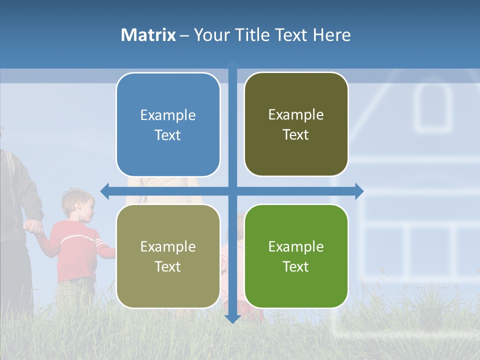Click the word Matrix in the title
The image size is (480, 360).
pyautogui.click(x=148, y=35)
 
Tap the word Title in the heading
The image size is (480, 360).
pyautogui.click(x=255, y=35)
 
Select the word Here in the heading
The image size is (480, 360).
pyautogui.click(x=331, y=35)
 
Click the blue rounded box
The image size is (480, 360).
pyautogui.click(x=168, y=125)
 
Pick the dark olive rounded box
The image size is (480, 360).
pyautogui.click(x=296, y=124)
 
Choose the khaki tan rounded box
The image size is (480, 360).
pyautogui.click(x=168, y=256)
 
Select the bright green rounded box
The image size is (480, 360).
pyautogui.click(x=296, y=256)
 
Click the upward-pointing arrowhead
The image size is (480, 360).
pyautogui.click(x=232, y=64)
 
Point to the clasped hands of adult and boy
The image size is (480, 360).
pyautogui.click(x=34, y=227)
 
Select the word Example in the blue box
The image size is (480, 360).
pyautogui.click(x=168, y=115)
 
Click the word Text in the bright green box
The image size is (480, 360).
pyautogui.click(x=296, y=266)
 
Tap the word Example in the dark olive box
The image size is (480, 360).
pyautogui.click(x=296, y=114)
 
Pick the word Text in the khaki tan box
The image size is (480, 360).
pyautogui.click(x=168, y=266)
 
